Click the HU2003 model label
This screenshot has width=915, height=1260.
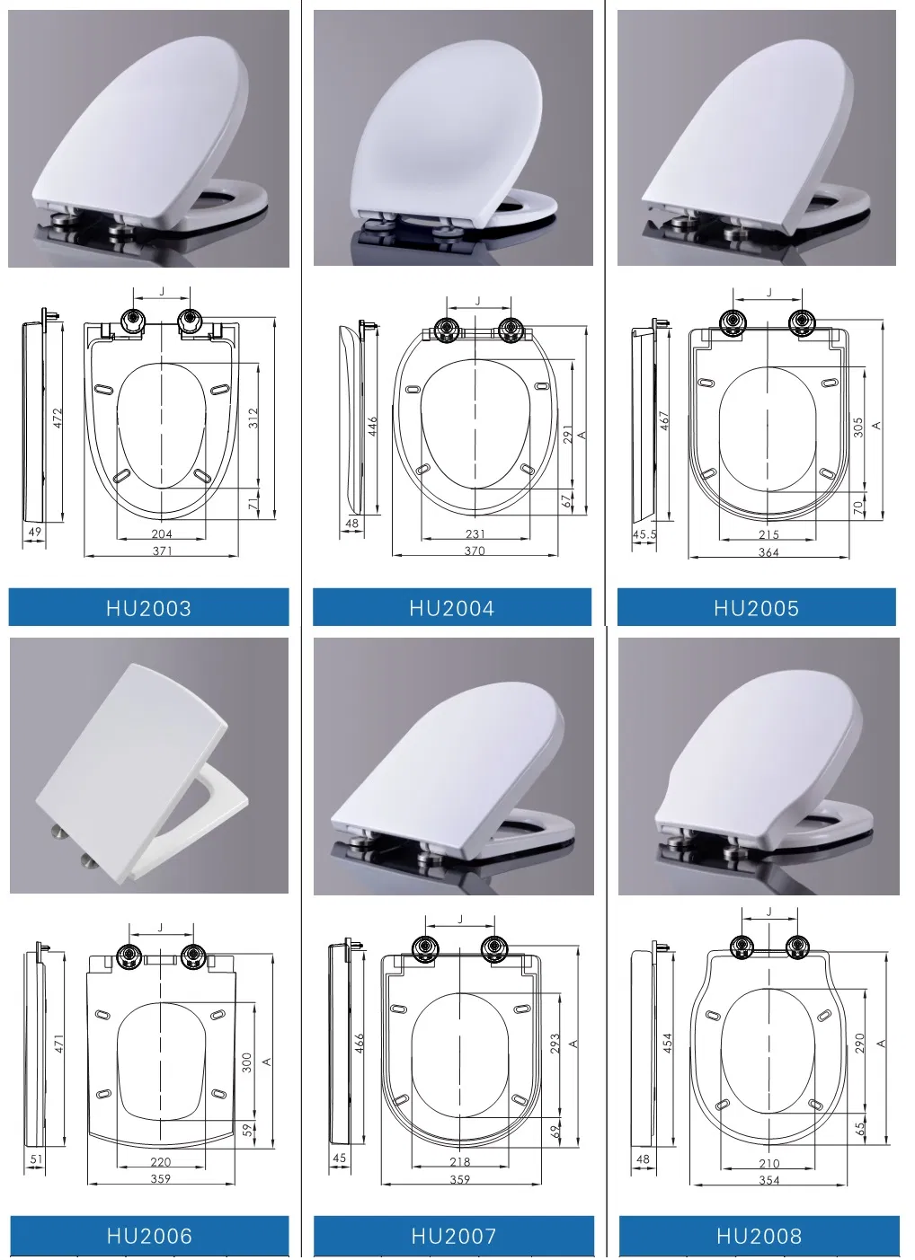click(148, 608)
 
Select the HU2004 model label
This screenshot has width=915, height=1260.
click(451, 608)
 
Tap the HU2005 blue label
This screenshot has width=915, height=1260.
click(756, 608)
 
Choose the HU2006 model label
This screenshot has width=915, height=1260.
click(149, 1236)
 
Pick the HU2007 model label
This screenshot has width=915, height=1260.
click(453, 1236)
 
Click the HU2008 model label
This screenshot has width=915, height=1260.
click(759, 1236)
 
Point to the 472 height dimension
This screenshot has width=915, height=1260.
click(58, 418)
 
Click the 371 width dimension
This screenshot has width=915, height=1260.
click(162, 551)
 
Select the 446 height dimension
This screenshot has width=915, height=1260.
click(372, 426)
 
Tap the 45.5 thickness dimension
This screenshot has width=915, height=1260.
click(644, 534)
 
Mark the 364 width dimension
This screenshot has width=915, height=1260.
click(768, 552)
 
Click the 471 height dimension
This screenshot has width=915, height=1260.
click(58, 1044)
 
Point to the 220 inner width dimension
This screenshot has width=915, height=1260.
click(161, 1161)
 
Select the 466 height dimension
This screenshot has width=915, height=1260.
click(360, 1043)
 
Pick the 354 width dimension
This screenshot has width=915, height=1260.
click(768, 1180)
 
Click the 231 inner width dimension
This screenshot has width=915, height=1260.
click(475, 533)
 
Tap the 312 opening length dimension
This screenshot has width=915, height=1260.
click(253, 418)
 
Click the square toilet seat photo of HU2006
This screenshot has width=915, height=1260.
click(148, 766)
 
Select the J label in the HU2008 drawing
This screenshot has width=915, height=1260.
click(768, 912)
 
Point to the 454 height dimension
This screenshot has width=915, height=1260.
click(667, 1043)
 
